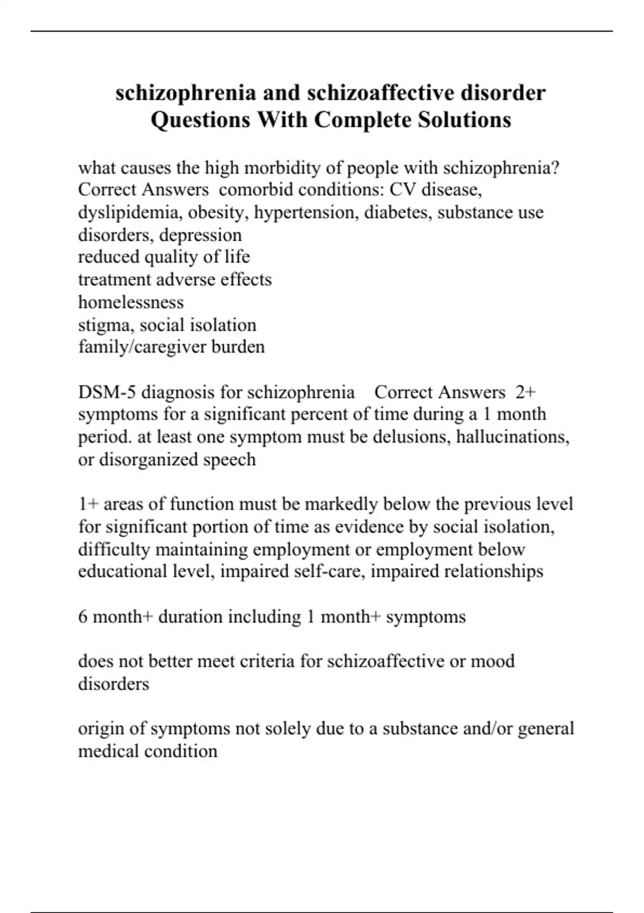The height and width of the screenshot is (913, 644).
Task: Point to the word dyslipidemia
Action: (x=130, y=213)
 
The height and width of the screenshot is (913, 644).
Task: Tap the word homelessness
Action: (x=131, y=302)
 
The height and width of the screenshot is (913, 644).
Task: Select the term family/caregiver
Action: (x=142, y=347)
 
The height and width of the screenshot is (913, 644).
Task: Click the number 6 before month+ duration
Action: (x=83, y=617)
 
